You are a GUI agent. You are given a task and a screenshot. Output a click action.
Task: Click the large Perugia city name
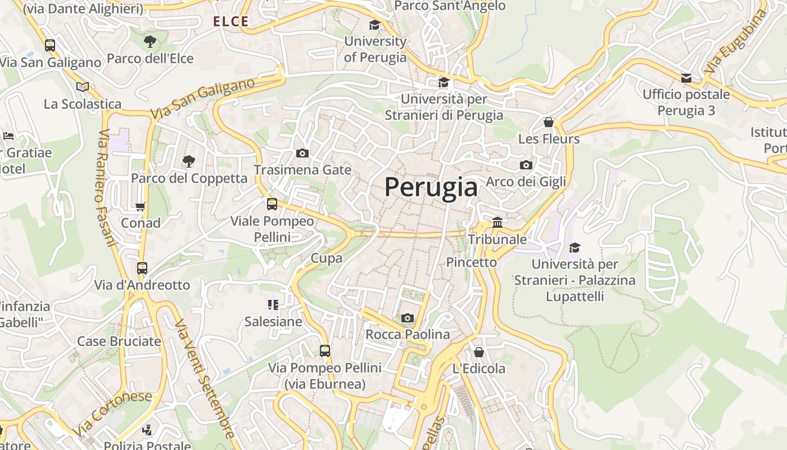(431, 187)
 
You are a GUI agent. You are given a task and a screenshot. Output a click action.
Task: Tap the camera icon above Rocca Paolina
(408, 318)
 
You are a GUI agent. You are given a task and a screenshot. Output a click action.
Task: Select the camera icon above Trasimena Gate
(302, 154)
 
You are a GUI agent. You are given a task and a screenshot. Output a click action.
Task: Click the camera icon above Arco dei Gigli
(526, 165)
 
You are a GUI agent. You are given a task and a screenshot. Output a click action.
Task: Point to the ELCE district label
(230, 22)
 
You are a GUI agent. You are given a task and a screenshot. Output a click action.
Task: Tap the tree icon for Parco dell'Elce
(150, 41)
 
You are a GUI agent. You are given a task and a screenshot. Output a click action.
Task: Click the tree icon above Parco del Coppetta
(189, 161)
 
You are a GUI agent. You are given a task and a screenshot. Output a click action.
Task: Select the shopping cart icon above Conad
(141, 206)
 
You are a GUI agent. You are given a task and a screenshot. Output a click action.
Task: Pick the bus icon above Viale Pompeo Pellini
(272, 204)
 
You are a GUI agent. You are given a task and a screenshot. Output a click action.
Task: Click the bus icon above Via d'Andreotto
(142, 268)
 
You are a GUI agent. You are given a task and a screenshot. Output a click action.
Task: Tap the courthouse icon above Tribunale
(497, 223)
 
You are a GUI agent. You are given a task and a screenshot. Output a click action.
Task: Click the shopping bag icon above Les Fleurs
(549, 122)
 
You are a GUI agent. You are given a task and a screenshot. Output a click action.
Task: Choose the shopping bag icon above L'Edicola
(479, 352)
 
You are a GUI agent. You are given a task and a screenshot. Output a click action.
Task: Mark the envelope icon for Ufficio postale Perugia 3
(686, 78)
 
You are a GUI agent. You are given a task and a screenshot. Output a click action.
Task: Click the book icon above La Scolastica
(83, 87)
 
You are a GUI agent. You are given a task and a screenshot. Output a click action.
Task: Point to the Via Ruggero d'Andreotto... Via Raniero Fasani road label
(105, 188)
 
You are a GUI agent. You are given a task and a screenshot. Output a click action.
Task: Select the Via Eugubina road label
(736, 42)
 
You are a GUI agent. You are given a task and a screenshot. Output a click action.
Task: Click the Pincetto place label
(472, 262)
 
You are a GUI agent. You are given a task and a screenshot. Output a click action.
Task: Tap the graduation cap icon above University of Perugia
(374, 25)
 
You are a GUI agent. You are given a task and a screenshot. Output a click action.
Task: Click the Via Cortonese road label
(112, 413)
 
